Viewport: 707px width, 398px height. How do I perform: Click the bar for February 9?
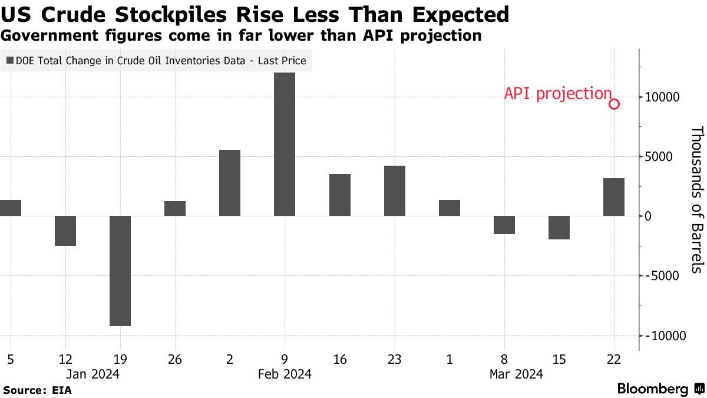tap(285, 144)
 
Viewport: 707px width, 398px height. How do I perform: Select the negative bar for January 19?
tap(120, 271)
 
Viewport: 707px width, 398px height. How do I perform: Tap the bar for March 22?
tap(614, 197)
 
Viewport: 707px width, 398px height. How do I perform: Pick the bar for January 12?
tap(65, 231)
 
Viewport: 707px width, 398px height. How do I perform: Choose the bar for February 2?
tap(230, 183)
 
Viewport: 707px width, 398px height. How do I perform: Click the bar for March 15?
tap(559, 228)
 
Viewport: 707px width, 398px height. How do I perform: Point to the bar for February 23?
tap(394, 191)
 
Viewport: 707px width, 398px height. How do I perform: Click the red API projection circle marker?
tap(614, 104)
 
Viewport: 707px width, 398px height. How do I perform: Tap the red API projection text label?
tap(558, 94)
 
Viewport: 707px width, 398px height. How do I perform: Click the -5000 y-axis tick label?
tap(663, 276)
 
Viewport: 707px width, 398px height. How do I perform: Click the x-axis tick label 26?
tap(174, 359)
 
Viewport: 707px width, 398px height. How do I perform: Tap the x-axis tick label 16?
tap(339, 359)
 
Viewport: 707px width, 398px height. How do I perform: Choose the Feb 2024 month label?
tap(285, 374)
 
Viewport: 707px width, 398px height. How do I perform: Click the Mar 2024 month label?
tap(516, 374)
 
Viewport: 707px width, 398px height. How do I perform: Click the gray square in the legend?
tap(10, 60)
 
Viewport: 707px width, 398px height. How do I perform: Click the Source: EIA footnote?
tap(38, 390)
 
